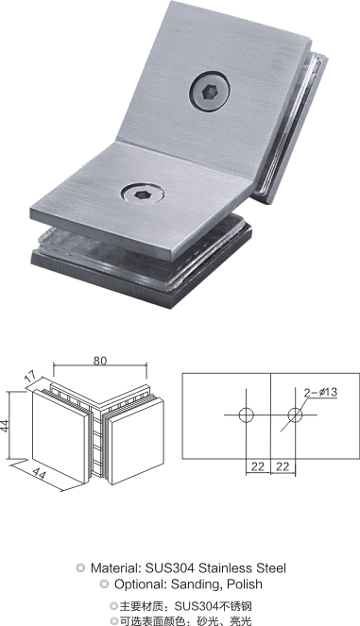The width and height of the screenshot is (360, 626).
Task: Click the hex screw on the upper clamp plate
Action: pyautogui.click(x=210, y=92)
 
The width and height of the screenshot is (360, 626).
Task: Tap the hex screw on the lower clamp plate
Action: pyautogui.click(x=143, y=194)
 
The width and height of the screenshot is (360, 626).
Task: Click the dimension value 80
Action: pyautogui.click(x=100, y=360)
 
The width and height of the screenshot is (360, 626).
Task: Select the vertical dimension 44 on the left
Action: pyautogui.click(x=5, y=424)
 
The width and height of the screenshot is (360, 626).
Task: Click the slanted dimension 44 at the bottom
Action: pyautogui.click(x=39, y=473)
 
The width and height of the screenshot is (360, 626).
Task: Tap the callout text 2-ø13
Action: pyautogui.click(x=320, y=393)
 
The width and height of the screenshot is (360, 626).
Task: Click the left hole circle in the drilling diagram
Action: pyautogui.click(x=247, y=415)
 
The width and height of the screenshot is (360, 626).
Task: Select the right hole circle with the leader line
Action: pyautogui.click(x=295, y=415)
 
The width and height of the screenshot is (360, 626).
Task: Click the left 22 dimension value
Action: pyautogui.click(x=258, y=465)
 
